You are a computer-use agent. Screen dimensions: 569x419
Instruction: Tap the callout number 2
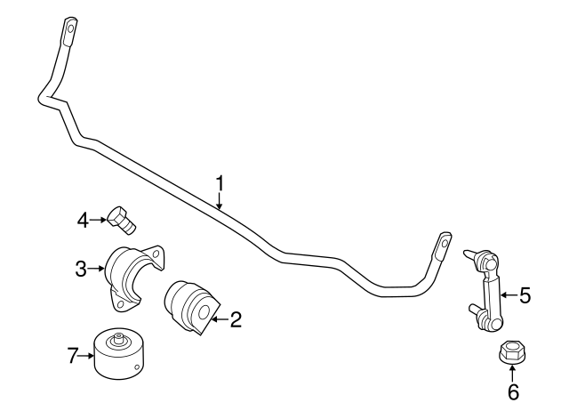(x=235, y=319)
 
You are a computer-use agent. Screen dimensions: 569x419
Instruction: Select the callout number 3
(x=81, y=269)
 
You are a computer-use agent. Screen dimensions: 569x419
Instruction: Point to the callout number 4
(x=83, y=220)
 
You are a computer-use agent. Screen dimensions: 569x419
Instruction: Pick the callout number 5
(x=525, y=294)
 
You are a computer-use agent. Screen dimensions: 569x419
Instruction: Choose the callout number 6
(x=513, y=391)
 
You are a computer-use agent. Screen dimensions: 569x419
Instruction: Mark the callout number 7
(x=73, y=356)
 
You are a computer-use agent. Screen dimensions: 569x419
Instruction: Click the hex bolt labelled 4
(x=122, y=220)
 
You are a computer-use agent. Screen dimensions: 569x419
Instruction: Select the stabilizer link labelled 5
(x=485, y=287)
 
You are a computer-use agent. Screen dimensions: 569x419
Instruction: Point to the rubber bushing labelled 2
(x=192, y=307)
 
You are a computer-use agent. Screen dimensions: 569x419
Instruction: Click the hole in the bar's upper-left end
(x=71, y=28)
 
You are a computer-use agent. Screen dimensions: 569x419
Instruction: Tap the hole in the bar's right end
(x=444, y=243)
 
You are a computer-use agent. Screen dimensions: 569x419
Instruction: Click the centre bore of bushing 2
(x=204, y=312)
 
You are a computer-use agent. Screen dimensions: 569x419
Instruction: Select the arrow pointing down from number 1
(x=220, y=201)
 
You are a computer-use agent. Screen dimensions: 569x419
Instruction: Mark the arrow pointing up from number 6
(x=512, y=374)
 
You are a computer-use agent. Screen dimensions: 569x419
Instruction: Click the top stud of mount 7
(x=118, y=337)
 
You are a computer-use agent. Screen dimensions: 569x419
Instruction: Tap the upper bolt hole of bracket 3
(x=156, y=254)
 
